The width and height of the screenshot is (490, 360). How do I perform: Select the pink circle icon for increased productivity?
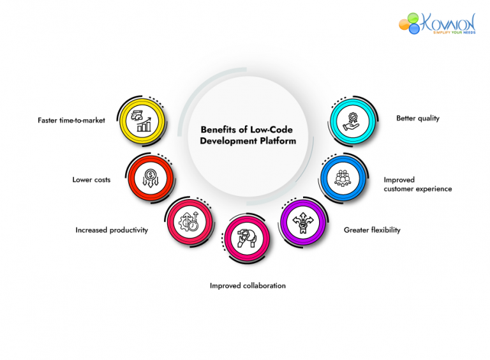click(189, 221)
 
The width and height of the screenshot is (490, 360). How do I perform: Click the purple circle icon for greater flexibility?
click(303, 221)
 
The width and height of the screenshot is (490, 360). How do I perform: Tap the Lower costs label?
click(91, 180)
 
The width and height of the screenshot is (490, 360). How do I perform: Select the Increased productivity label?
click(112, 230)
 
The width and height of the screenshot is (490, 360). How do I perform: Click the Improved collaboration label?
click(248, 286)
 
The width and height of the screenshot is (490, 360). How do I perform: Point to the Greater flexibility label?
click(372, 230)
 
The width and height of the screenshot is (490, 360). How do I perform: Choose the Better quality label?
click(417, 119)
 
